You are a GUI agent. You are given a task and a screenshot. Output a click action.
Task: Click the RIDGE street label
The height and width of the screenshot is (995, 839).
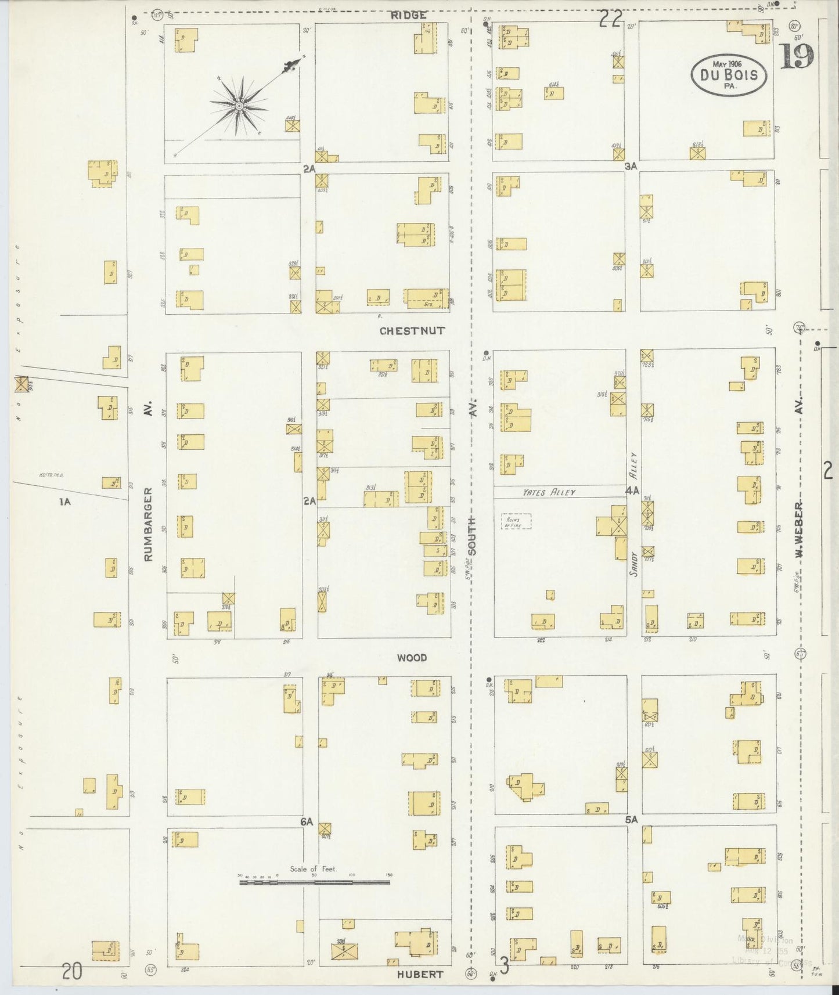coord(408,16)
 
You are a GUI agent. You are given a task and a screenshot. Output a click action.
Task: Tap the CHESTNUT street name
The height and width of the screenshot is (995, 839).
coord(412,331)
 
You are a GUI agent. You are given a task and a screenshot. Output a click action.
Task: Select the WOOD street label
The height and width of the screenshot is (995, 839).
coord(412,658)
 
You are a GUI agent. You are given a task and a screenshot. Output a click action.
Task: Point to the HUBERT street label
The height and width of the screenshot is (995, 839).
coord(420,975)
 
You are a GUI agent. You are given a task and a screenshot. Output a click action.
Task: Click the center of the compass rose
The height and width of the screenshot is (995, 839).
coord(239,106)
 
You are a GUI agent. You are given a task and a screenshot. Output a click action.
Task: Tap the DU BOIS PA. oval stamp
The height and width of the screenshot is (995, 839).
coord(728,75)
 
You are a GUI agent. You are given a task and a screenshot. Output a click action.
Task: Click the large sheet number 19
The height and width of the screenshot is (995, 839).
coord(796,57)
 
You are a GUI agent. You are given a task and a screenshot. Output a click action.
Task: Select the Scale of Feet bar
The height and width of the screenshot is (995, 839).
coord(315,882)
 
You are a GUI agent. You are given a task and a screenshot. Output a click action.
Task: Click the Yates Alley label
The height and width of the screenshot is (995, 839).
coord(549,492)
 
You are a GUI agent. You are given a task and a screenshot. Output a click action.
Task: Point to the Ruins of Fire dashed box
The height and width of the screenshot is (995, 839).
coord(516,521)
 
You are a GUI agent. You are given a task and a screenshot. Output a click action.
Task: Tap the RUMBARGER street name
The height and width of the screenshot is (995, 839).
coord(148,524)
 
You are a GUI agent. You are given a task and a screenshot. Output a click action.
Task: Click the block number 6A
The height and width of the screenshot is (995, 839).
coord(307,821)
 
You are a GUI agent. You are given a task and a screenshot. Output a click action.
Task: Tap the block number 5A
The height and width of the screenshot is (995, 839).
coord(632,820)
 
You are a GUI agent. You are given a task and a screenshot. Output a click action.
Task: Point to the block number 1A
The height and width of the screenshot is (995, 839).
coord(64,502)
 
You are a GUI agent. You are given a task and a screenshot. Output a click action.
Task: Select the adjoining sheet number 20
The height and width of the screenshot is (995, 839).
coord(71,971)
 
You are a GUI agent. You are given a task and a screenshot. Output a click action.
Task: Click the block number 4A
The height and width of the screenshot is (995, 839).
coord(632,491)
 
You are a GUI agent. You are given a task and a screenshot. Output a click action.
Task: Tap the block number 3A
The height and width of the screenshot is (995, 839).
coord(631,166)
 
